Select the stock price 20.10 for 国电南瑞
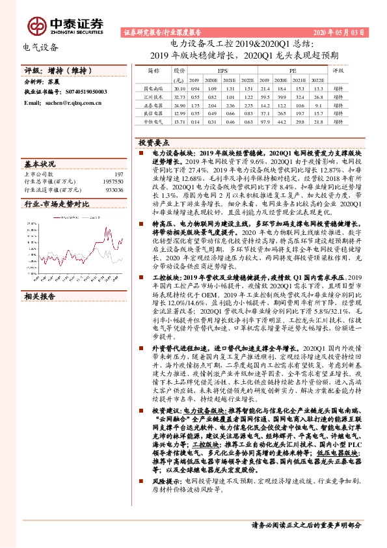coord(180,88)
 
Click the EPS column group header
coord(222,68)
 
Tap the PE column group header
coord(293,68)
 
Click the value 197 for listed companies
coord(118,174)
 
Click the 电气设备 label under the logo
coord(40,47)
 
